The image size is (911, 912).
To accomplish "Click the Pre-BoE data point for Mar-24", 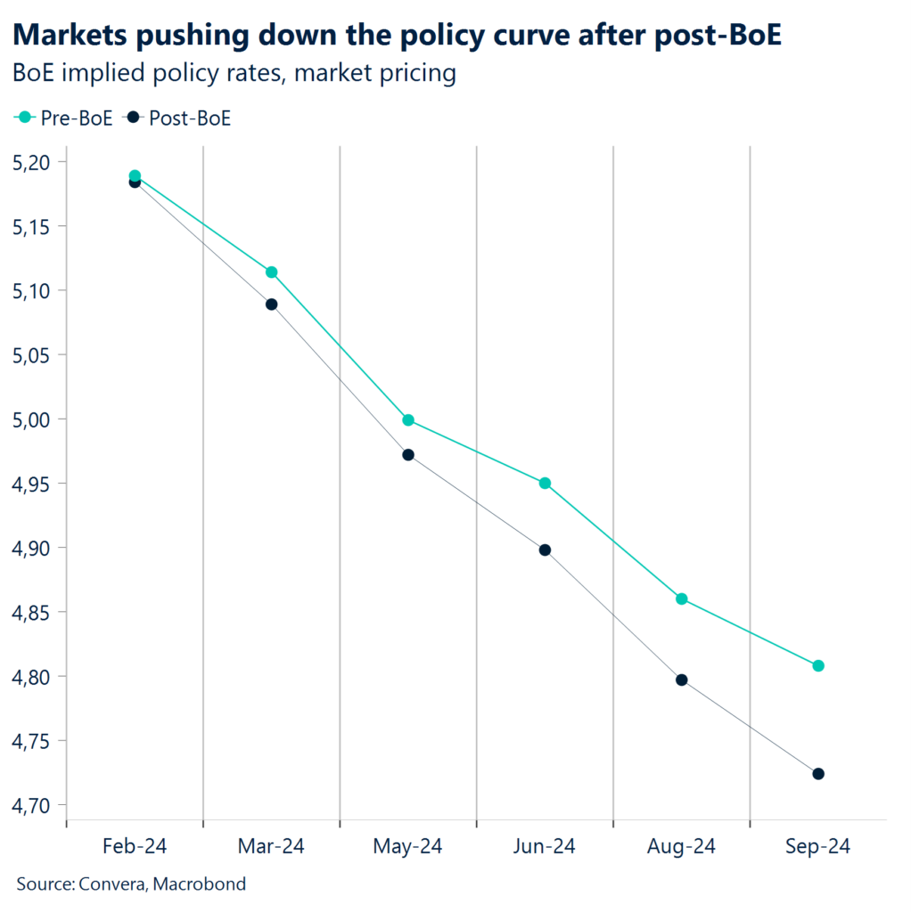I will tap(272, 273).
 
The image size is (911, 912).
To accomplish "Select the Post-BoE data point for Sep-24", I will tap(818, 774).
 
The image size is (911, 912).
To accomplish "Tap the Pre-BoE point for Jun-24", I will tap(545, 484).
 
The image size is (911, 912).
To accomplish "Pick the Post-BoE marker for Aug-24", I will tap(682, 680).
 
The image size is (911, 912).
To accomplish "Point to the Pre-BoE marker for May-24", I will tap(408, 420).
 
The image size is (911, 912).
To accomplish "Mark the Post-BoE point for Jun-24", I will tap(545, 550).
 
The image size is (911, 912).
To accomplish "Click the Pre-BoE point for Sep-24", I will tap(818, 666).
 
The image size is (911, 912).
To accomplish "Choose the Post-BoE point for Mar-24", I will tap(272, 305).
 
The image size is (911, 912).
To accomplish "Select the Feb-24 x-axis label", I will tap(135, 846).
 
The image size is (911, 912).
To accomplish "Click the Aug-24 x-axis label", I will tap(681, 846).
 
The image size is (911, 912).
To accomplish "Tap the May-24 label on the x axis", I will tap(408, 846).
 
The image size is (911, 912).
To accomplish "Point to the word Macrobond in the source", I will tap(202, 884).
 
